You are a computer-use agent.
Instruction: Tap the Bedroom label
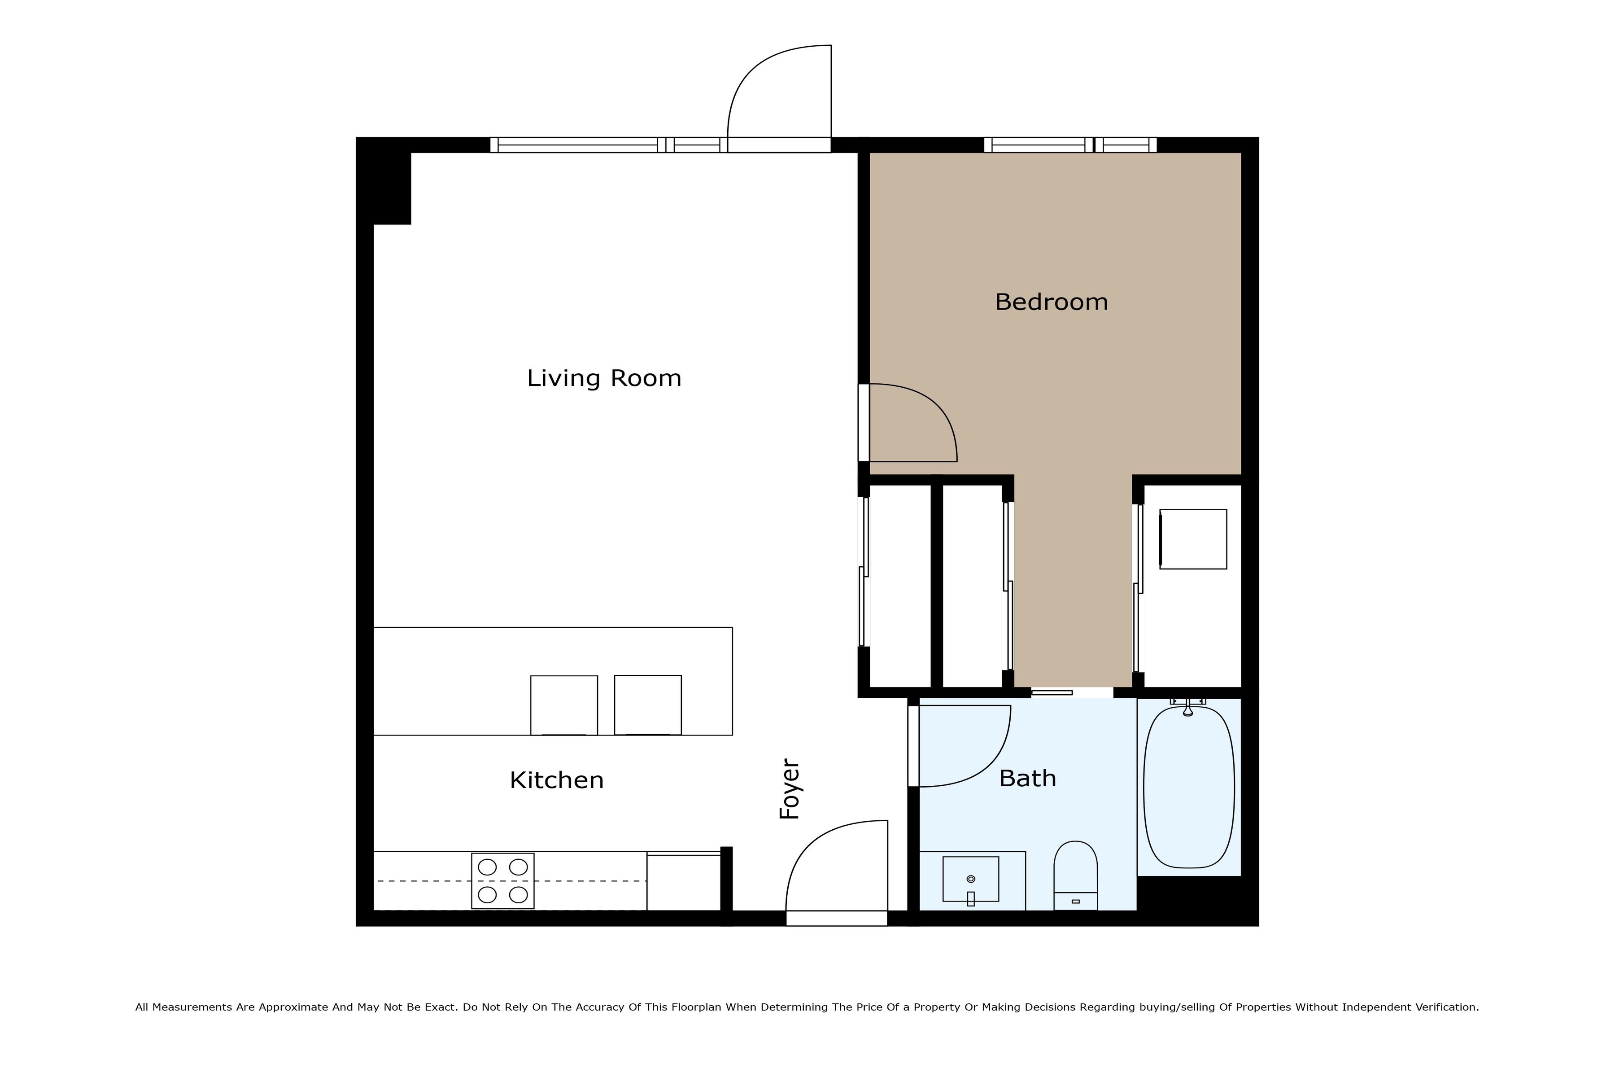1051,302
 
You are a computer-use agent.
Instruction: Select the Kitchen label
556,780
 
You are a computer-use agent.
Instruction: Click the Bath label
1027,778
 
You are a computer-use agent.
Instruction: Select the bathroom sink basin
970,879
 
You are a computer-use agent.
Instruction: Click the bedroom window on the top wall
1070,145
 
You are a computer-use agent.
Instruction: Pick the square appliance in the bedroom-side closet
1193,539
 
